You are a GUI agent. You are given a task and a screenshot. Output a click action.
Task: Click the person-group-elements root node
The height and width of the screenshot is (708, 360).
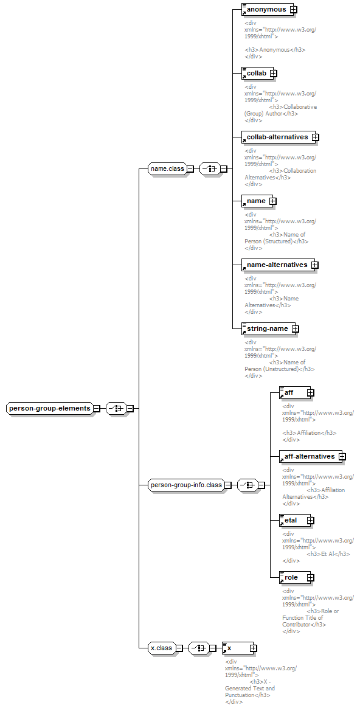pos(50,408)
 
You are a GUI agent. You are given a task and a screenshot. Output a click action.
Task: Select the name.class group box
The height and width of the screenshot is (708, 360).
pos(167,169)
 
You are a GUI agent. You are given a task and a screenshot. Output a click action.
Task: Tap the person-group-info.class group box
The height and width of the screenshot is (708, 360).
pos(186,485)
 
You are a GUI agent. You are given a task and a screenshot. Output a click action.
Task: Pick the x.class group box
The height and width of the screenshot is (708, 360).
pos(161,648)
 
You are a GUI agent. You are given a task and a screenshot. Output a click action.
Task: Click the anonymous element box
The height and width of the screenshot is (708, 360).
pos(267,9)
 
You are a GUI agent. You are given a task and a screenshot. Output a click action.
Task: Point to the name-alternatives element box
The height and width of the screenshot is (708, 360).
pos(277,265)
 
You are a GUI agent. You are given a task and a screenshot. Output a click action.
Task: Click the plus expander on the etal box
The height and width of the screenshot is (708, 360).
pos(310,520)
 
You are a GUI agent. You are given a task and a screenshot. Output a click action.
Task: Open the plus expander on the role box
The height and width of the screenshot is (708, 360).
pos(310,577)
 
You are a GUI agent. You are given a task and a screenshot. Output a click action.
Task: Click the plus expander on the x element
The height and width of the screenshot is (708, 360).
pos(254,648)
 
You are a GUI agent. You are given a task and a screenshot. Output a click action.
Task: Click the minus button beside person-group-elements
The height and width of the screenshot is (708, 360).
pos(96,408)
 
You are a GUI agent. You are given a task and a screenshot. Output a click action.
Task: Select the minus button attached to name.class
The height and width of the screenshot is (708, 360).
pos(190,169)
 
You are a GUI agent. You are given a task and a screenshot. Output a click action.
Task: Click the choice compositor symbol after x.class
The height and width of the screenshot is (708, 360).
pos(198,648)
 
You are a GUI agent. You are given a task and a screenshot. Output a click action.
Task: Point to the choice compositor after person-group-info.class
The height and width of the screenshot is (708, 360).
pos(247,485)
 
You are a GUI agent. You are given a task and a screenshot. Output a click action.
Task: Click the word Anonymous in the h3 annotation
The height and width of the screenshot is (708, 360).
pos(275,50)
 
